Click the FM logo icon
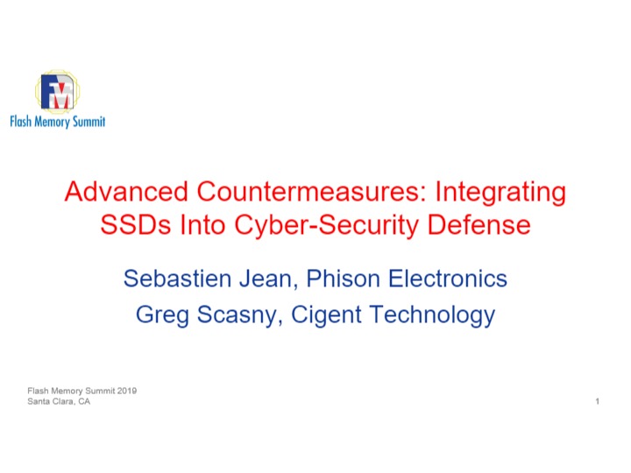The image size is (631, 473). coord(58,91)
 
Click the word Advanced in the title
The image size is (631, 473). coord(126,191)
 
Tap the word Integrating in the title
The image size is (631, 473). coord(500,192)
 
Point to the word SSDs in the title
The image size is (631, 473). coord(136,224)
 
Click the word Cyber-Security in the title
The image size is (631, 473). coord(326,226)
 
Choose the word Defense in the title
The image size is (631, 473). coord(479,224)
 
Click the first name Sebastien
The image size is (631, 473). coord(177,279)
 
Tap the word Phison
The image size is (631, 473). coord(344,279)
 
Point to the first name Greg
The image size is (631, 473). coord(162,315)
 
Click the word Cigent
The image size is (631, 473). coord(326,315)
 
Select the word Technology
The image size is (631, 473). coord(432,315)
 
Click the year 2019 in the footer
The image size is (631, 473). coord(127,391)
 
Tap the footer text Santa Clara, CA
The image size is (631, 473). coord(59,401)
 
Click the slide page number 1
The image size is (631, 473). coord(598,401)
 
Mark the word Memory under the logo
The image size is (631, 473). coord(52,122)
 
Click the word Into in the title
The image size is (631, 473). coord(202,224)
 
